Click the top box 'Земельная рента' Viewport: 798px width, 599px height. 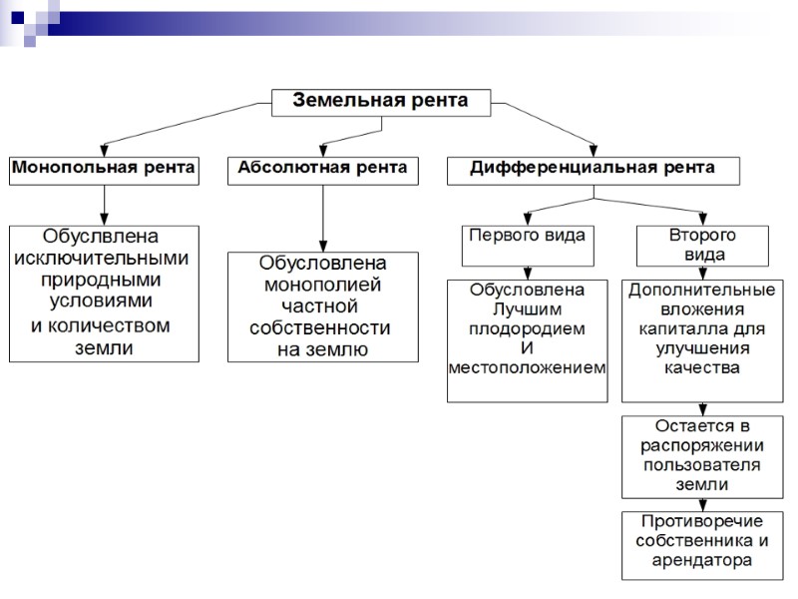[x=384, y=101]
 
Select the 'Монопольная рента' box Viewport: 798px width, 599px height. [x=104, y=169]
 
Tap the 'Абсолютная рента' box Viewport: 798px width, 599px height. [x=322, y=169]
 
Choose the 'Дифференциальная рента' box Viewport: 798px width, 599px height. [x=593, y=169]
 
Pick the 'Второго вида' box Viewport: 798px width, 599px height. [x=702, y=245]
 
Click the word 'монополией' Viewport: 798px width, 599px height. [x=322, y=285]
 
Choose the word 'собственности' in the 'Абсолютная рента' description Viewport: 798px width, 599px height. [x=322, y=328]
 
